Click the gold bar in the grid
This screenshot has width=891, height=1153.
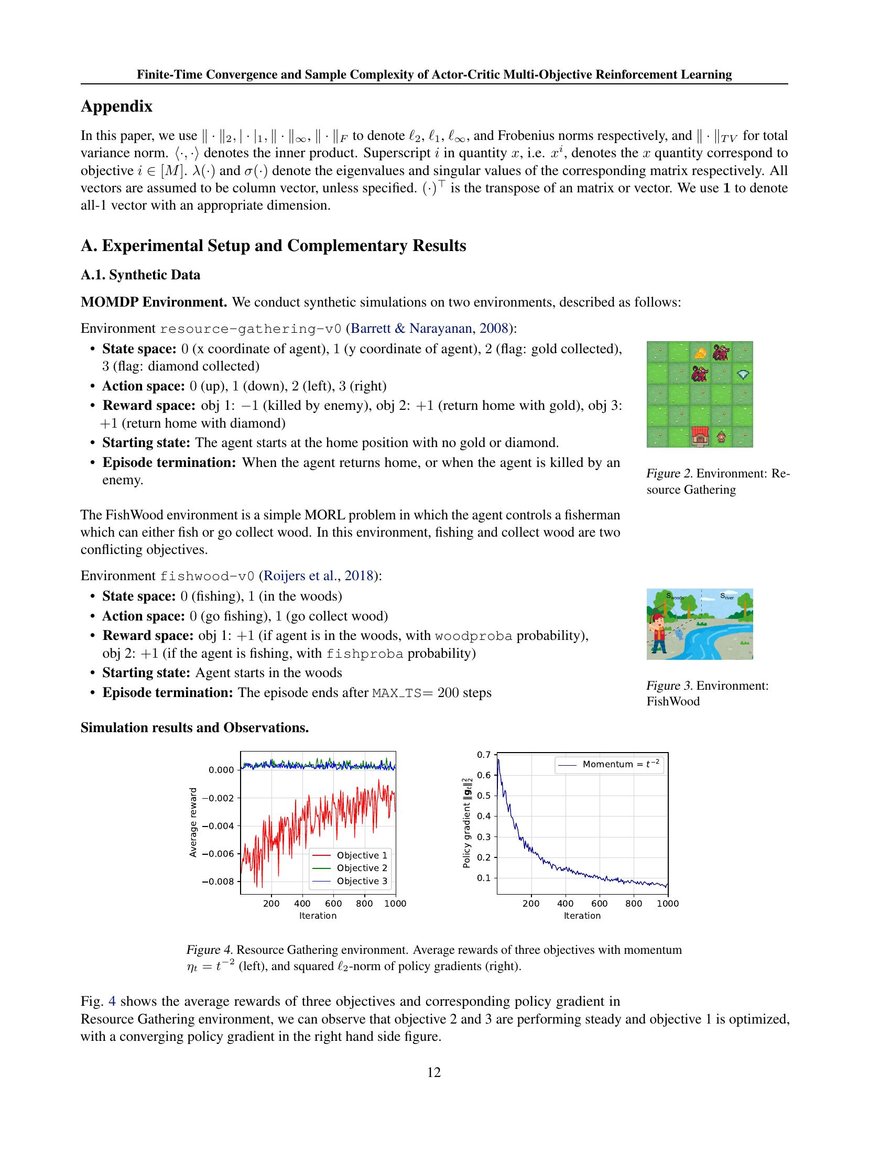(x=700, y=353)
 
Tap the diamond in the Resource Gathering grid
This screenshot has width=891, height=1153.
(x=743, y=374)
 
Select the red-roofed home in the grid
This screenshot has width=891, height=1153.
(x=699, y=437)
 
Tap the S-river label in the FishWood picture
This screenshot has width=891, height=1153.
(x=727, y=596)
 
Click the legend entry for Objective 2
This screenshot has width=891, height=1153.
(x=362, y=868)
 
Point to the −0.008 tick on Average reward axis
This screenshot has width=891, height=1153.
(x=220, y=881)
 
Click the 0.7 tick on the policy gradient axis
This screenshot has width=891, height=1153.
(x=484, y=754)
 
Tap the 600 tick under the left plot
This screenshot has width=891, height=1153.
(x=333, y=904)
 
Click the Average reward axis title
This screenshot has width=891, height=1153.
(x=193, y=822)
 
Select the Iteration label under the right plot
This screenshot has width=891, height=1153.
(x=582, y=916)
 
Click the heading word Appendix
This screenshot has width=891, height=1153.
(x=116, y=106)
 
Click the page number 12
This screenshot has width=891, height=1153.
(x=434, y=1072)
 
